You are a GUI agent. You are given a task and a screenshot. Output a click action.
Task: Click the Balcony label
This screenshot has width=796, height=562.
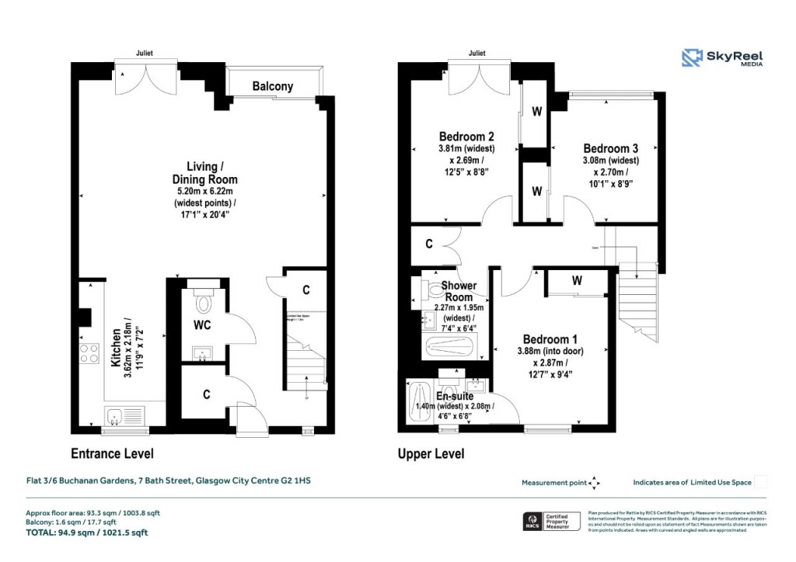[272, 86]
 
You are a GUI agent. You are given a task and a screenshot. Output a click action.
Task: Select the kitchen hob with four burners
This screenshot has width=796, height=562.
[89, 354]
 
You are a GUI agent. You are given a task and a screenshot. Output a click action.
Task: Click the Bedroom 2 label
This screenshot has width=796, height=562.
[466, 136]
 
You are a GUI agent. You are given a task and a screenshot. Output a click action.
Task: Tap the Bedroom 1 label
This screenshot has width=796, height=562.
[550, 339]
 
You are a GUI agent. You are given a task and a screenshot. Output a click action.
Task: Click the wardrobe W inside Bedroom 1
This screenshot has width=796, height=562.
[577, 281]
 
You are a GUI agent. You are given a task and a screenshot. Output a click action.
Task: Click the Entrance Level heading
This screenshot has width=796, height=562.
[112, 454]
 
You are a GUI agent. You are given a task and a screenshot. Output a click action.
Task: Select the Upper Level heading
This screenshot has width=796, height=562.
[431, 454]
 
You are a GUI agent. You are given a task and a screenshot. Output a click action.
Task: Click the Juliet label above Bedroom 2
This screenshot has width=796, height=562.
[477, 54]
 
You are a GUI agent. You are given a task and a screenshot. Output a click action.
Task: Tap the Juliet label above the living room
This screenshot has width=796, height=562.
[143, 54]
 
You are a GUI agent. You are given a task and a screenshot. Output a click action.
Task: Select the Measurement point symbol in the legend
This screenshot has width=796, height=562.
[595, 483]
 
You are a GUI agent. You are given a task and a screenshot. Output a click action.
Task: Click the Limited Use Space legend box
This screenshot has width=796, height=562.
[761, 482]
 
